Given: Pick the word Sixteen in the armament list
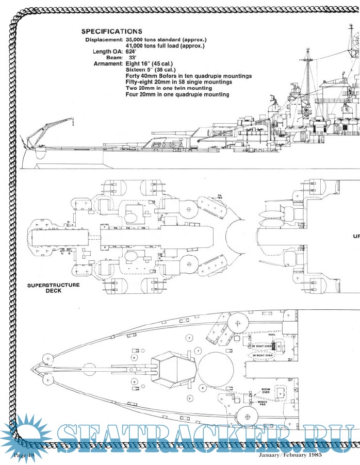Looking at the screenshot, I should [137, 70].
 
